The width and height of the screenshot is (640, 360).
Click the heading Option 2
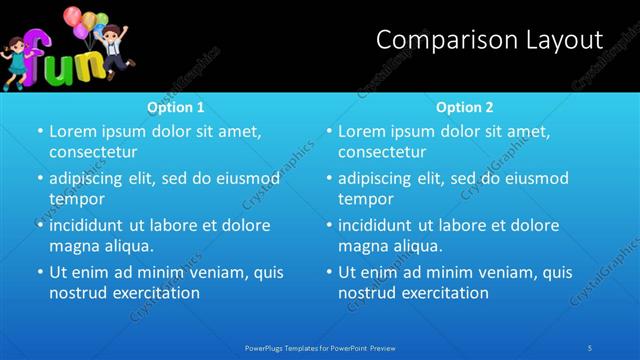pyautogui.click(x=465, y=107)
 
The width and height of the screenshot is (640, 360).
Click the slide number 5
pyautogui.click(x=590, y=347)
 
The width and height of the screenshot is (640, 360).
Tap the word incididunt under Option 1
pyautogui.click(x=89, y=225)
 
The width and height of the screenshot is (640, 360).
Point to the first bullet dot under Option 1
pyautogui.click(x=40, y=132)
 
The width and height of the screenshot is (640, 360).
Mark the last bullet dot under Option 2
pyautogui.click(x=329, y=272)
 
